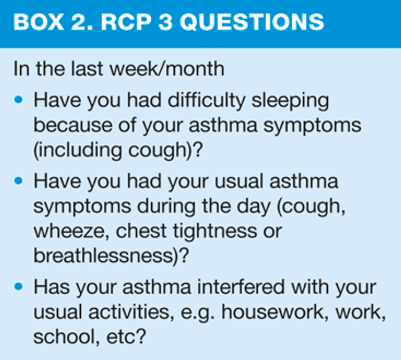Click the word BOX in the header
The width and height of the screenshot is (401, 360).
coord(39,22)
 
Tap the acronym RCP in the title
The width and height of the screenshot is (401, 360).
coord(126,22)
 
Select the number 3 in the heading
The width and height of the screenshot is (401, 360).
coord(165,22)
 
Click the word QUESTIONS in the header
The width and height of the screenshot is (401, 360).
coord(252,22)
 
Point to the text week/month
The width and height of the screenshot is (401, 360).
coord(167,68)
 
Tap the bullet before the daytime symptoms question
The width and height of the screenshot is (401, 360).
coord(18,181)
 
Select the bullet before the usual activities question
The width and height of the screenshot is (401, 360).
coord(18,286)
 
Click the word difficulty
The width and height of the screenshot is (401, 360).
coord(206,100)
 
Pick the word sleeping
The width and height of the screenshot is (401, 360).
coord(290,101)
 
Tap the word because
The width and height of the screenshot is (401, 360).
coord(73,125)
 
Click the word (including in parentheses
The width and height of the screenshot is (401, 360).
coord(78,151)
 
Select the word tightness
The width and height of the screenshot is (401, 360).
coord(215,231)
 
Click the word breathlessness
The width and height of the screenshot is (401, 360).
coord(103,255)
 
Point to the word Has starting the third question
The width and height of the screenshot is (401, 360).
coord(52,287)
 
